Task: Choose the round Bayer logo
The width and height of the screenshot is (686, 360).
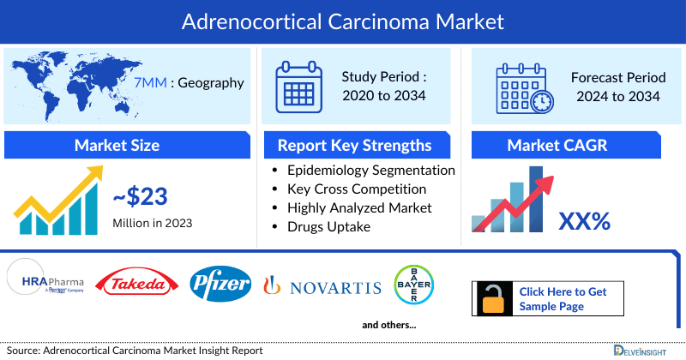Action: click(413, 285)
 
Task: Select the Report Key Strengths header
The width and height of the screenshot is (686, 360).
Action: click(354, 145)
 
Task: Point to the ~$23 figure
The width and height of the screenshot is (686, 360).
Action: click(142, 197)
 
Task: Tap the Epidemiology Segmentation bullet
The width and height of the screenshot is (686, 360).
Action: click(371, 170)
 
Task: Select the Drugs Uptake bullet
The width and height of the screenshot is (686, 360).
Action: click(330, 226)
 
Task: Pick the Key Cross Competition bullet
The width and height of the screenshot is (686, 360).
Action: click(357, 189)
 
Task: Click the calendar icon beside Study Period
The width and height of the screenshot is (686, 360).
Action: click(298, 87)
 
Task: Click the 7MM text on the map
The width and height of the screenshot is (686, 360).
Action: click(144, 83)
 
